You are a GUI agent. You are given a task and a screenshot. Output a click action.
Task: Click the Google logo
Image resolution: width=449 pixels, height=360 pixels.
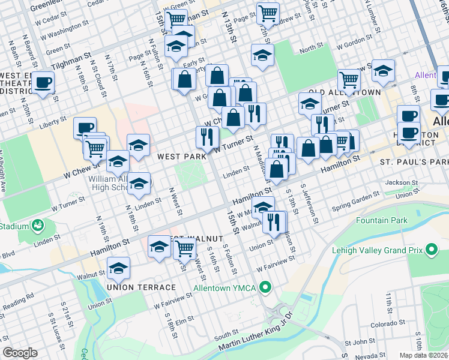point(20,353)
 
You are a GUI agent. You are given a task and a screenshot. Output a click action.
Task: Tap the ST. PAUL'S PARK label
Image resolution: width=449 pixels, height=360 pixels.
point(414,163)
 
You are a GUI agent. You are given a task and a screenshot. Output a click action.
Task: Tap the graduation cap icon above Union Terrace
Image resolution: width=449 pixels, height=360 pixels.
point(118,268)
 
